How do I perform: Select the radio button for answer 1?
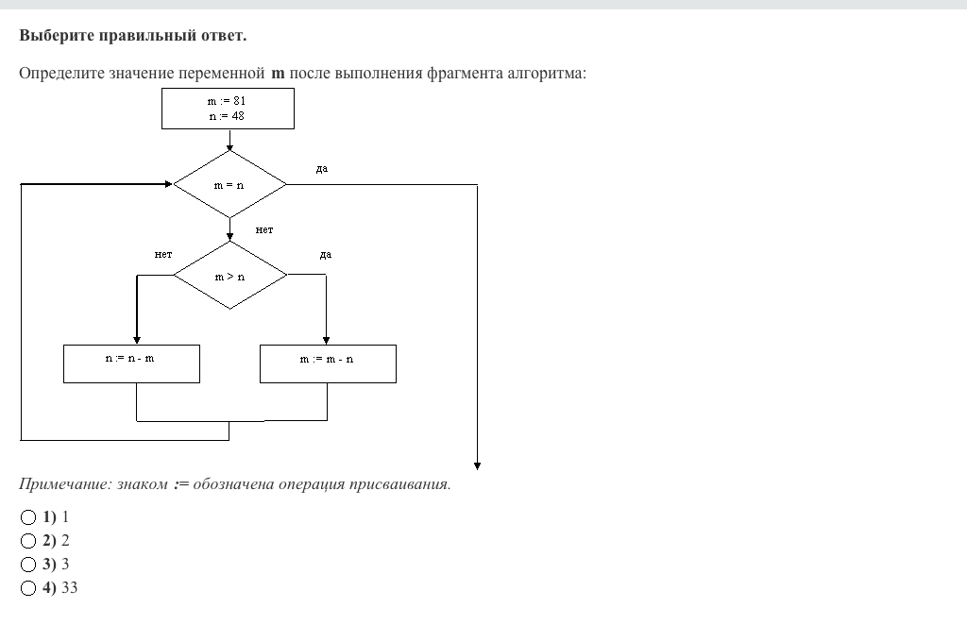point(28,517)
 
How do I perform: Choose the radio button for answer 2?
point(28,541)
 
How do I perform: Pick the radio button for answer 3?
point(28,565)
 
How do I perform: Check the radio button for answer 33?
point(28,588)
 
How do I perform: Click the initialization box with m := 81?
point(228,109)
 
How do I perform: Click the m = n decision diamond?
point(229,185)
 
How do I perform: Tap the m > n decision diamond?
point(229,276)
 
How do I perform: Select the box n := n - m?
point(131,363)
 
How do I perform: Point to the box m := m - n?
point(328,363)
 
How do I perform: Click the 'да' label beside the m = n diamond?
point(322,168)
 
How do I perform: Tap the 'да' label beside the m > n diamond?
point(326,254)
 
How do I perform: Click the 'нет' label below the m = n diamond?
point(264,229)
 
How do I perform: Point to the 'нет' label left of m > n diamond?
point(163,254)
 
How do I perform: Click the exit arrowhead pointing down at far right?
point(477,465)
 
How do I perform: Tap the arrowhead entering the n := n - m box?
point(137,340)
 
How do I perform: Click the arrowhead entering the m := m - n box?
point(326,340)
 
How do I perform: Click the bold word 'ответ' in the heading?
point(222,36)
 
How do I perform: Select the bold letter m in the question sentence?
point(278,73)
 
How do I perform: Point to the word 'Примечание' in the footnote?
point(64,484)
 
